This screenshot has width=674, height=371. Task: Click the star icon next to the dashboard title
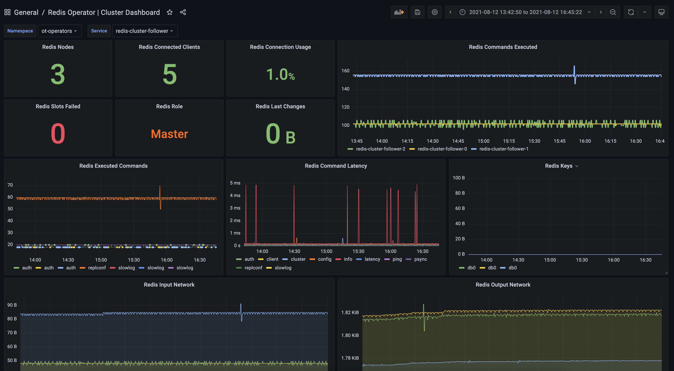[169, 12]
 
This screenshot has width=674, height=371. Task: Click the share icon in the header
[183, 12]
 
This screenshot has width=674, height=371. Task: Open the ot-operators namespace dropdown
[59, 31]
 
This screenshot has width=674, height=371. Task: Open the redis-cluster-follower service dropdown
[144, 31]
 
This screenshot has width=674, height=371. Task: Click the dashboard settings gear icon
[435, 12]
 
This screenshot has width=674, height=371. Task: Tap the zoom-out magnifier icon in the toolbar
[613, 12]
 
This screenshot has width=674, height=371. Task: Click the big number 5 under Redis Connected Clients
[169, 74]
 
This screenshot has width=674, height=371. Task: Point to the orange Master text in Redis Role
[169, 134]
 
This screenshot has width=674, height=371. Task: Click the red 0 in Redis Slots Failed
[58, 134]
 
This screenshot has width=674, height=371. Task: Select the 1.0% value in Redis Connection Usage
[280, 74]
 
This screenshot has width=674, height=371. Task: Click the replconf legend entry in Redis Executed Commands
[97, 268]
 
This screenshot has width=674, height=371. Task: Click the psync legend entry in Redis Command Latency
[420, 259]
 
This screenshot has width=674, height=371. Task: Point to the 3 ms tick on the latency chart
[235, 208]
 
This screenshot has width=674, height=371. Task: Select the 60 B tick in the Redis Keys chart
[460, 208]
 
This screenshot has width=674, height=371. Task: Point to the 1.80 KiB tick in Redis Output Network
[350, 335]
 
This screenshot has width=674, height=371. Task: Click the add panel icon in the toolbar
[399, 12]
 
